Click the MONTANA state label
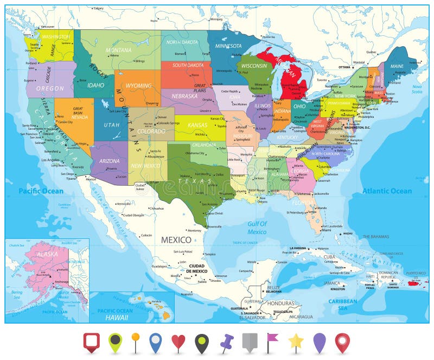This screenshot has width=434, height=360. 118,50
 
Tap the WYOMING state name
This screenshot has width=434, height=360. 138,86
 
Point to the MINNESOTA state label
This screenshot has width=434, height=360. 228,46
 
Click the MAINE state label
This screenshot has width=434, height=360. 397,67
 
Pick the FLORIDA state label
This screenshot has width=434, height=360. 303,203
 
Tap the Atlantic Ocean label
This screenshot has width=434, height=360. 387,191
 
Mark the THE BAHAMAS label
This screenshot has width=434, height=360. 375,237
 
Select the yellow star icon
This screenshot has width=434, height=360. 296,342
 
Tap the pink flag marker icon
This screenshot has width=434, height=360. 271,341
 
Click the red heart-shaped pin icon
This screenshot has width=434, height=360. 178,342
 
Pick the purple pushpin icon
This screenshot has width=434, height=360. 226,343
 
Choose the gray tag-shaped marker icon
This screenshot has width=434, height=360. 249,342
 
